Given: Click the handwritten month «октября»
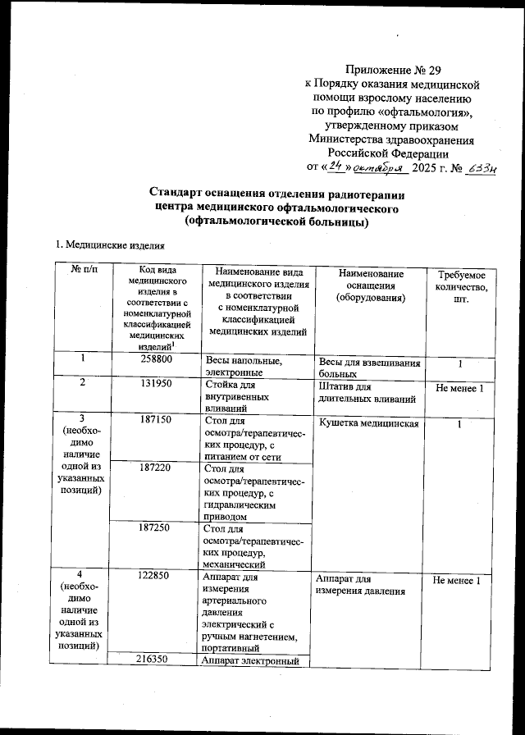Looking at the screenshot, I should [x=380, y=167].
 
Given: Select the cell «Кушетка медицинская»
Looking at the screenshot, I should [x=368, y=424].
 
